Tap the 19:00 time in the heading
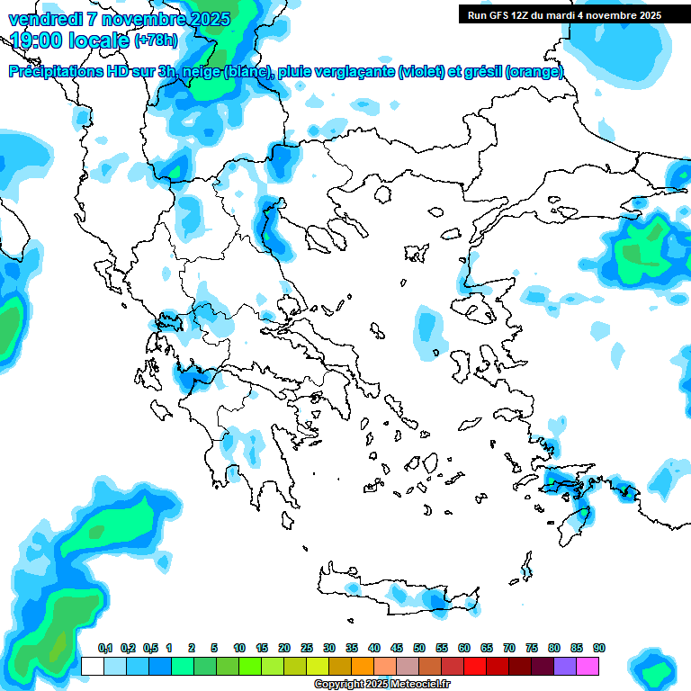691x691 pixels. tap(39, 40)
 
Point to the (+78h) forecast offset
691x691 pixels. tap(156, 40)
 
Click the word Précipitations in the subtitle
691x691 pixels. tap(58, 72)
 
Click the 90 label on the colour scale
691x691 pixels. tap(599, 648)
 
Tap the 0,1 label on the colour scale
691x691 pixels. tap(104, 648)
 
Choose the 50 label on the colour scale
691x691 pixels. tap(419, 648)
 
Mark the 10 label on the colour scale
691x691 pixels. tap(239, 648)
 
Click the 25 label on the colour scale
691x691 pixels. tap(307, 648)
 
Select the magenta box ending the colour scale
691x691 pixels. tap(588, 666)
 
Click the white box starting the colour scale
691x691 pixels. tap(92, 666)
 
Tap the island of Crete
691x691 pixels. tap(396, 594)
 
